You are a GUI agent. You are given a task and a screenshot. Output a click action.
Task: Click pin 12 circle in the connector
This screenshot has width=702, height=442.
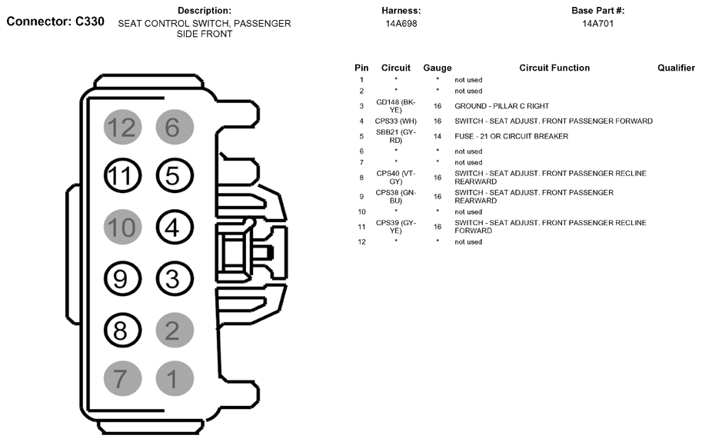click(x=121, y=127)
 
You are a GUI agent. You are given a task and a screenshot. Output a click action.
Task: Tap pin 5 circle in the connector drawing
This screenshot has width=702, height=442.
click(x=172, y=177)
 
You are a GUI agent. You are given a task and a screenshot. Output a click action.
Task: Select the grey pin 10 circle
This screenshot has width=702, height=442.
click(x=121, y=228)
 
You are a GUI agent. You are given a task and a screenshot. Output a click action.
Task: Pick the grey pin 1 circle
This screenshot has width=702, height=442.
click(x=172, y=379)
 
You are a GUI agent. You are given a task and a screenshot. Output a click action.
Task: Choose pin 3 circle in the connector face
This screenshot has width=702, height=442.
click(x=172, y=278)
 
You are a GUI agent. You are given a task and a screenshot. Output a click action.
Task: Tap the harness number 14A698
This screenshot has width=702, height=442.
click(x=401, y=24)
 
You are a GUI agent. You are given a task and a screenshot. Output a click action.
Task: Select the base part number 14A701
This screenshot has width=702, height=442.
click(x=597, y=24)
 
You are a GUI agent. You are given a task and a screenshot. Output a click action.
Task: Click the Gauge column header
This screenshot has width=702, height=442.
click(x=438, y=68)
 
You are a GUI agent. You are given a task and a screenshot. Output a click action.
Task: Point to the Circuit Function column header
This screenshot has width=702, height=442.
click(x=554, y=68)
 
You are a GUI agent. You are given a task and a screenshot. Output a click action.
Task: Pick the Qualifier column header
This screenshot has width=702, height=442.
click(x=676, y=68)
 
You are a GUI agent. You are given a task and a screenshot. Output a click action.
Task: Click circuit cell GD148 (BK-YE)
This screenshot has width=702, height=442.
click(x=396, y=106)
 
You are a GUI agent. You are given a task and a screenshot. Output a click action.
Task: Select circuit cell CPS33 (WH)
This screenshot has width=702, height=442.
click(x=396, y=121)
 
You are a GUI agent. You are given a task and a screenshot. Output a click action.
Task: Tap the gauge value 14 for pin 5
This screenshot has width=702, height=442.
click(x=438, y=136)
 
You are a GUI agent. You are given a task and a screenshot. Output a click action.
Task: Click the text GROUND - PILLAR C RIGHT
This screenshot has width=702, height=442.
click(x=501, y=106)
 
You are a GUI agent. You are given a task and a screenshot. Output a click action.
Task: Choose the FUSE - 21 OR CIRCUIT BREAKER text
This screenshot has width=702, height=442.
click(x=511, y=136)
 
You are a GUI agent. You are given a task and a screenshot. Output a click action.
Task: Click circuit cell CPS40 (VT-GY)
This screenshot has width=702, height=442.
click(x=396, y=178)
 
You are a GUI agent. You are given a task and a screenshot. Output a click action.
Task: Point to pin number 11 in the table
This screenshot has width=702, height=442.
click(x=361, y=227)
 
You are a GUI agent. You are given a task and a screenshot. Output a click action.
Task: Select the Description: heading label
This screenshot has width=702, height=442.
click(x=204, y=11)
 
